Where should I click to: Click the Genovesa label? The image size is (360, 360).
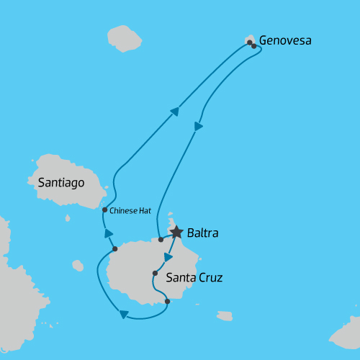tap(285, 40)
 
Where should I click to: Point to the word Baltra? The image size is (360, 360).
tap(202, 233)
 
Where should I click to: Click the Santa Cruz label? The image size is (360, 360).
tap(194, 277)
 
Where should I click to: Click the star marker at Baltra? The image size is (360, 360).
tap(176, 232)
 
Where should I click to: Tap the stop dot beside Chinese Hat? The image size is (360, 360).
tap(105, 210)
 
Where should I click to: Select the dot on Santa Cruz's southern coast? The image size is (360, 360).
tap(167, 302)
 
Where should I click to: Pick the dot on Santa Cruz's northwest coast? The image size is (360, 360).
tap(115, 249)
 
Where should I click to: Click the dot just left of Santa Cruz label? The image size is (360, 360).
tap(155, 274)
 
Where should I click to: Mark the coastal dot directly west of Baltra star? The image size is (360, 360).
tap(160, 240)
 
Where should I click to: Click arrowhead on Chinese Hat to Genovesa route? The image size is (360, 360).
tap(175, 111)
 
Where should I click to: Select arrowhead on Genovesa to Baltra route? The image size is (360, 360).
tap(198, 127)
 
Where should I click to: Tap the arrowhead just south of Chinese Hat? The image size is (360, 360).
tap(109, 233)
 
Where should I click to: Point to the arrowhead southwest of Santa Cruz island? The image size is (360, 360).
tap(123, 314)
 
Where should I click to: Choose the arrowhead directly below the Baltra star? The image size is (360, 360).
tap(168, 257)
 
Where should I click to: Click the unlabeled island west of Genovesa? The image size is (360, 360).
tap(124, 38)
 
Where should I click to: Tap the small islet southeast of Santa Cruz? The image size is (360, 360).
tap(225, 315)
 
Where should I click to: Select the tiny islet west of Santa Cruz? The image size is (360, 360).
tap(78, 266)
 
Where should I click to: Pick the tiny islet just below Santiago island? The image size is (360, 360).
tap(68, 217)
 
